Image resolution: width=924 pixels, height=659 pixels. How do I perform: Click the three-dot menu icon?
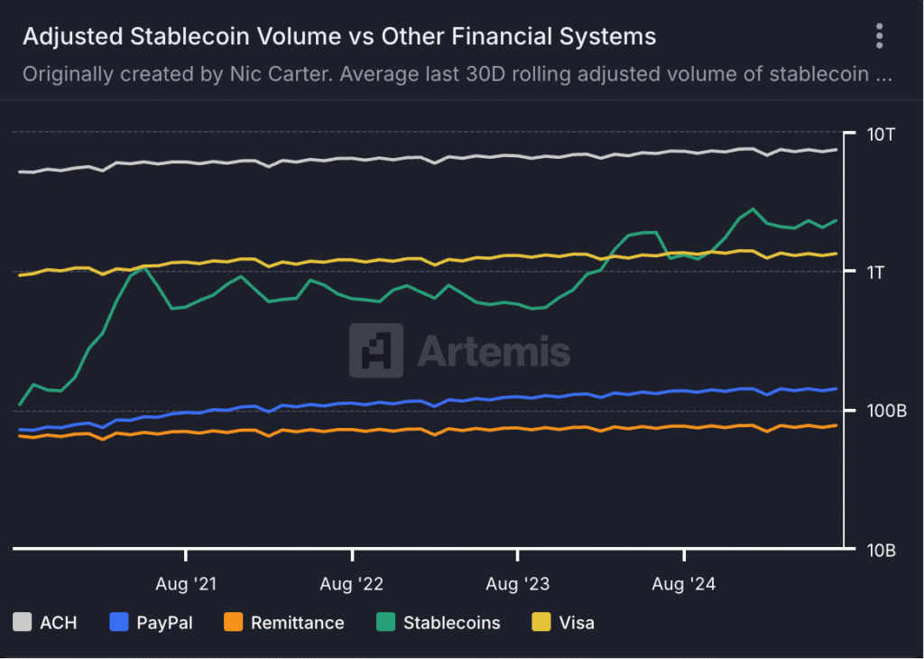click(880, 36)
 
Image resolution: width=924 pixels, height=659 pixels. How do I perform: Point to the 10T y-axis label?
click(881, 135)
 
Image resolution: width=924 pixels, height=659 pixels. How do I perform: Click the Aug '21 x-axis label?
click(186, 584)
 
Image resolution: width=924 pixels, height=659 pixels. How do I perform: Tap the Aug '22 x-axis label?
click(352, 584)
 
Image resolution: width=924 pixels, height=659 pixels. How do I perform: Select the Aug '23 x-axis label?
click(517, 584)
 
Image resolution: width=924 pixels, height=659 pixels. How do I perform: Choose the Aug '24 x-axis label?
click(683, 584)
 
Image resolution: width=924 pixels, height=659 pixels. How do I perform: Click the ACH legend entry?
click(45, 622)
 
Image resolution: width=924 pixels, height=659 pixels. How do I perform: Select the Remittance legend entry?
click(283, 622)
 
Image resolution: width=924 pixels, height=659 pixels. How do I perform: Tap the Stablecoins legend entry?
click(438, 622)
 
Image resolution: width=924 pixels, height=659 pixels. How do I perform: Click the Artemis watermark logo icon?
click(375, 350)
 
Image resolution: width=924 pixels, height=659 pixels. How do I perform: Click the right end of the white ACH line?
click(836, 150)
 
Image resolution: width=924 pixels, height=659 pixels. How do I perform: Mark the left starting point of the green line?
click(20, 404)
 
